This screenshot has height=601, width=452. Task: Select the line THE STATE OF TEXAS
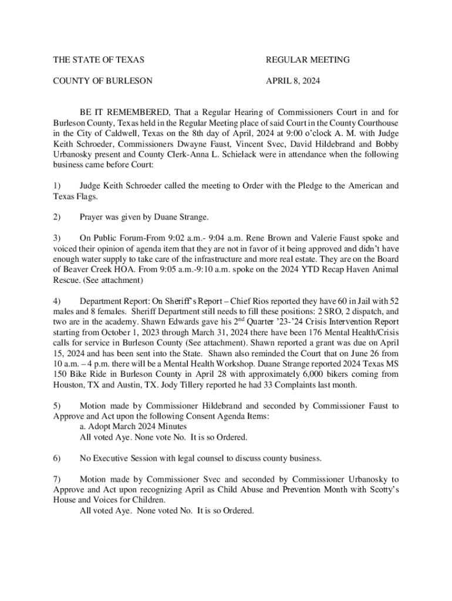click(x=99, y=60)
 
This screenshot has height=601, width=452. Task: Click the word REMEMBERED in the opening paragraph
click(x=131, y=112)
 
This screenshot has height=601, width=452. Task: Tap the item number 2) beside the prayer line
click(x=57, y=217)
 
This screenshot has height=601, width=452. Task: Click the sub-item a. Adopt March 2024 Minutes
click(x=133, y=427)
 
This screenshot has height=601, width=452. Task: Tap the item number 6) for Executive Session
click(x=57, y=458)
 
